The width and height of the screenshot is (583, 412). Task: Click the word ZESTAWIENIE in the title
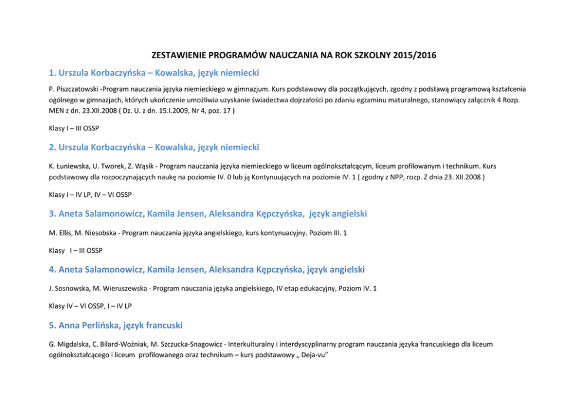pyautogui.click(x=177, y=56)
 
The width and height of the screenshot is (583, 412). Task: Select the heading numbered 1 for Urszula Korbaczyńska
pyautogui.click(x=154, y=73)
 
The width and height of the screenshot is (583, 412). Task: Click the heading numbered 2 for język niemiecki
pyautogui.click(x=154, y=147)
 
